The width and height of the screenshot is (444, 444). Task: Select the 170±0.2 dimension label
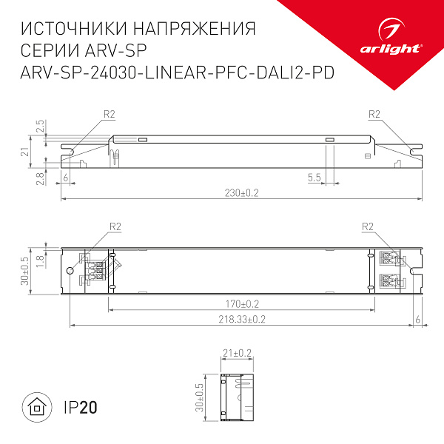(x=242, y=303)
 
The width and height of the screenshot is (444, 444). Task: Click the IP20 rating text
(x=81, y=407)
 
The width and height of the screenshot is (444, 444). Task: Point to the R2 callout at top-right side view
(x=373, y=113)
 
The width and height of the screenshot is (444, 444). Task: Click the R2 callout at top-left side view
(x=109, y=113)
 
